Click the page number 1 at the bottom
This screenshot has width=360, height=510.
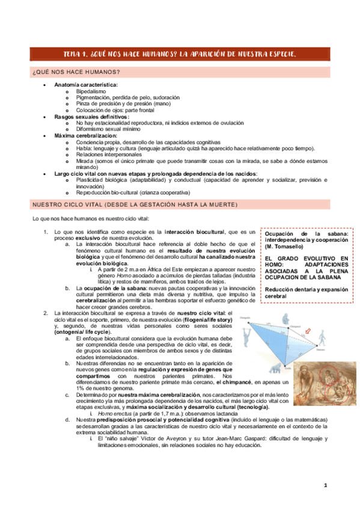(x=325, y=485)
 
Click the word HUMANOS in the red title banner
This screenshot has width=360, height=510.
(x=150, y=55)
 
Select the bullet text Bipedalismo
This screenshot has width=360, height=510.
(x=93, y=92)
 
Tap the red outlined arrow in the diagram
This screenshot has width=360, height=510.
(x=306, y=330)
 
